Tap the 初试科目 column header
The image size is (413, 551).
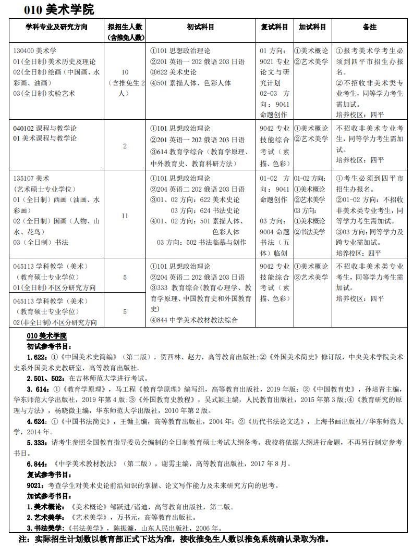201,27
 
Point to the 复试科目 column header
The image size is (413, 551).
274,27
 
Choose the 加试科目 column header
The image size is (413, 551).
312,27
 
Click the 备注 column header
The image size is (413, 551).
370,27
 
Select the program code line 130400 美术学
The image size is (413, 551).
35,51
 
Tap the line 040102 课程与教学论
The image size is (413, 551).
45,128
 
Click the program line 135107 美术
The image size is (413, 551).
32,178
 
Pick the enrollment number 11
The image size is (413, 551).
125,216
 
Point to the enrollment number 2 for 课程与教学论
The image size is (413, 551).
125,146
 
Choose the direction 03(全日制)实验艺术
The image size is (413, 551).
44,93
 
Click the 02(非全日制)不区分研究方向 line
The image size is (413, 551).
55,322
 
